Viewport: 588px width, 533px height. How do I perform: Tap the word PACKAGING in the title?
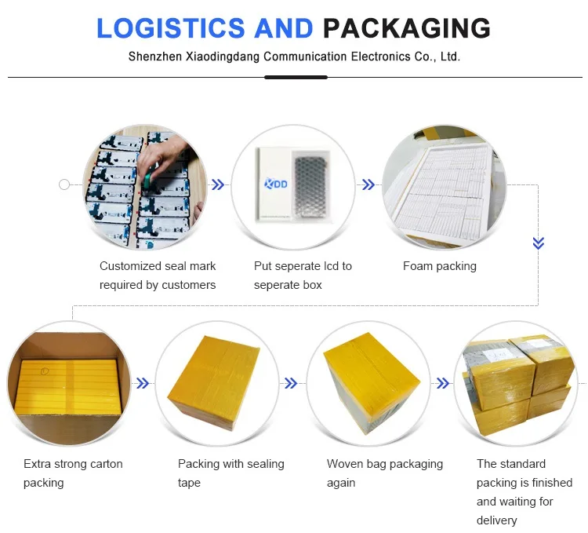pyautogui.click(x=407, y=28)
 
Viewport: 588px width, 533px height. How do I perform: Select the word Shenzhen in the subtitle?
pyautogui.click(x=154, y=57)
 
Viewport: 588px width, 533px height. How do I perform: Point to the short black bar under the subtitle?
pyautogui.click(x=296, y=77)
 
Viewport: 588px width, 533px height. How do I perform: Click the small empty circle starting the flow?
pyautogui.click(x=64, y=184)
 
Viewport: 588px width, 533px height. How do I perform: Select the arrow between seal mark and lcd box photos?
pyautogui.click(x=218, y=184)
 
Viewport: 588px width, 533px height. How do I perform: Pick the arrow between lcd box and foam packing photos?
pyautogui.click(x=367, y=184)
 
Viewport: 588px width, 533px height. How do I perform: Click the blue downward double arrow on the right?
pyautogui.click(x=538, y=243)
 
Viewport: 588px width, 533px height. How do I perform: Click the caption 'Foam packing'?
pyautogui.click(x=440, y=266)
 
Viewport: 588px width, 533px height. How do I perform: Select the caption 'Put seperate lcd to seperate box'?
pyautogui.click(x=303, y=276)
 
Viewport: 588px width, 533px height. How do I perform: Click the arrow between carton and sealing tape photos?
pyautogui.click(x=143, y=383)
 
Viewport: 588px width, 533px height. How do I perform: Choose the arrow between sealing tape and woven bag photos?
pyautogui.click(x=290, y=383)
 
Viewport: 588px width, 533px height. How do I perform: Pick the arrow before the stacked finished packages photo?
pyautogui.click(x=442, y=383)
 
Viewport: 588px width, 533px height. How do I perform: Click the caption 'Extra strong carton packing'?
pyautogui.click(x=73, y=473)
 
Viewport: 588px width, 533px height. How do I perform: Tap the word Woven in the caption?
pyautogui.click(x=345, y=464)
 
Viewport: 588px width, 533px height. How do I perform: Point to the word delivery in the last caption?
pyautogui.click(x=497, y=520)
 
